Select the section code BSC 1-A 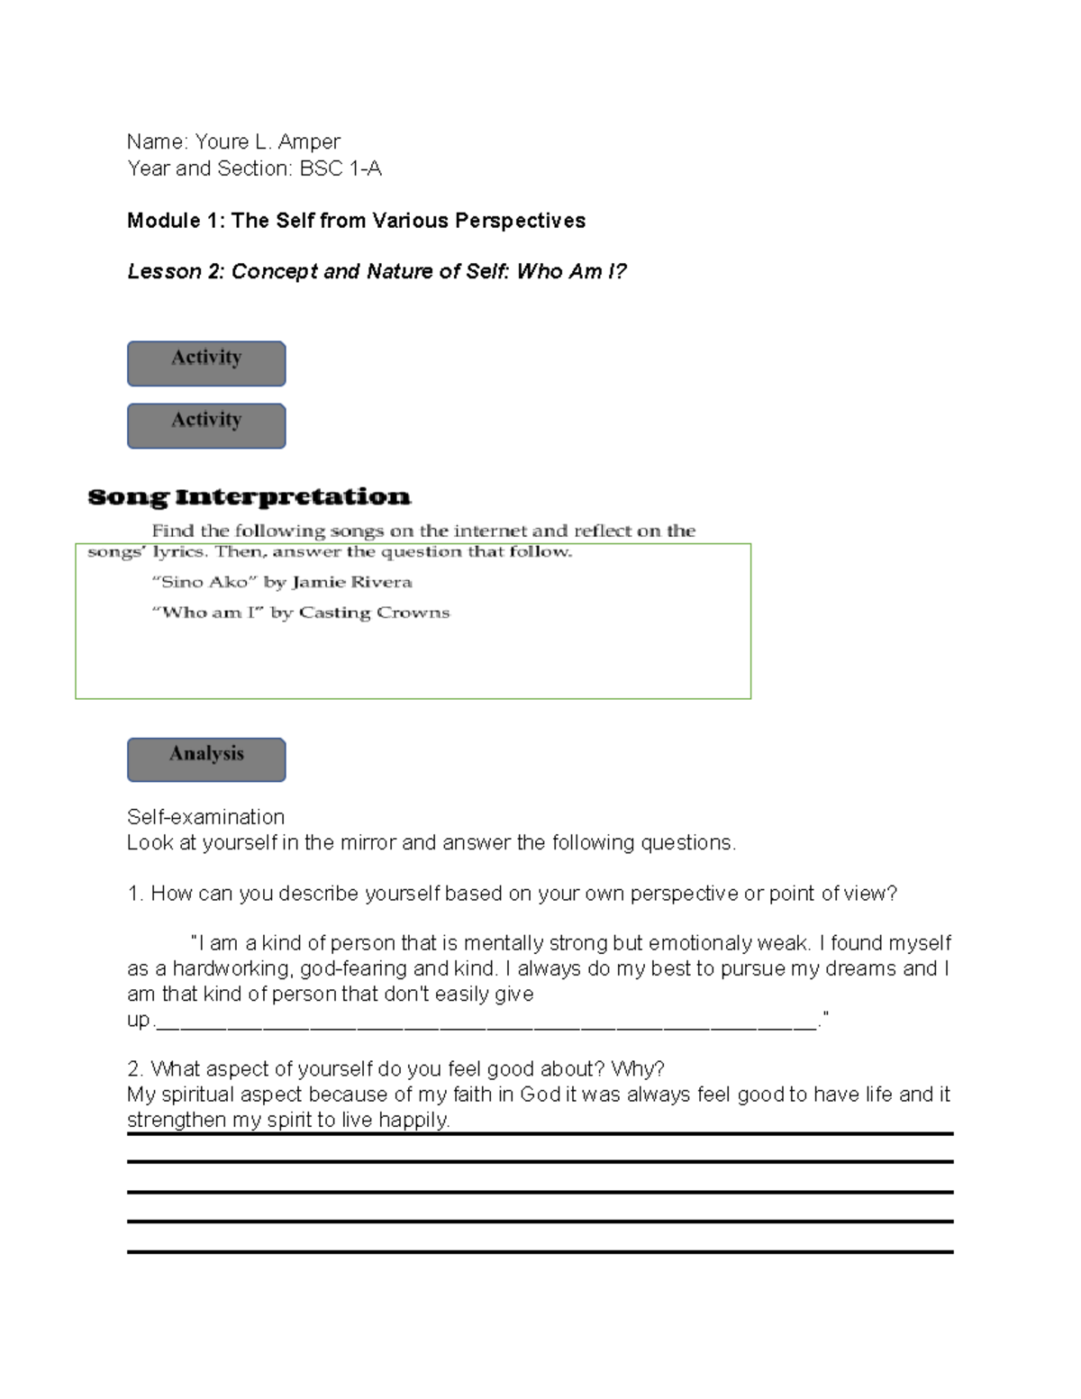(x=341, y=168)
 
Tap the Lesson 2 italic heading (x=377, y=271)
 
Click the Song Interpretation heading (x=249, y=497)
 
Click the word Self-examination (x=205, y=817)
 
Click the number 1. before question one (x=135, y=894)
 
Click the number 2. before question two (x=135, y=1069)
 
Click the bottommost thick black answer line (x=540, y=1251)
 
